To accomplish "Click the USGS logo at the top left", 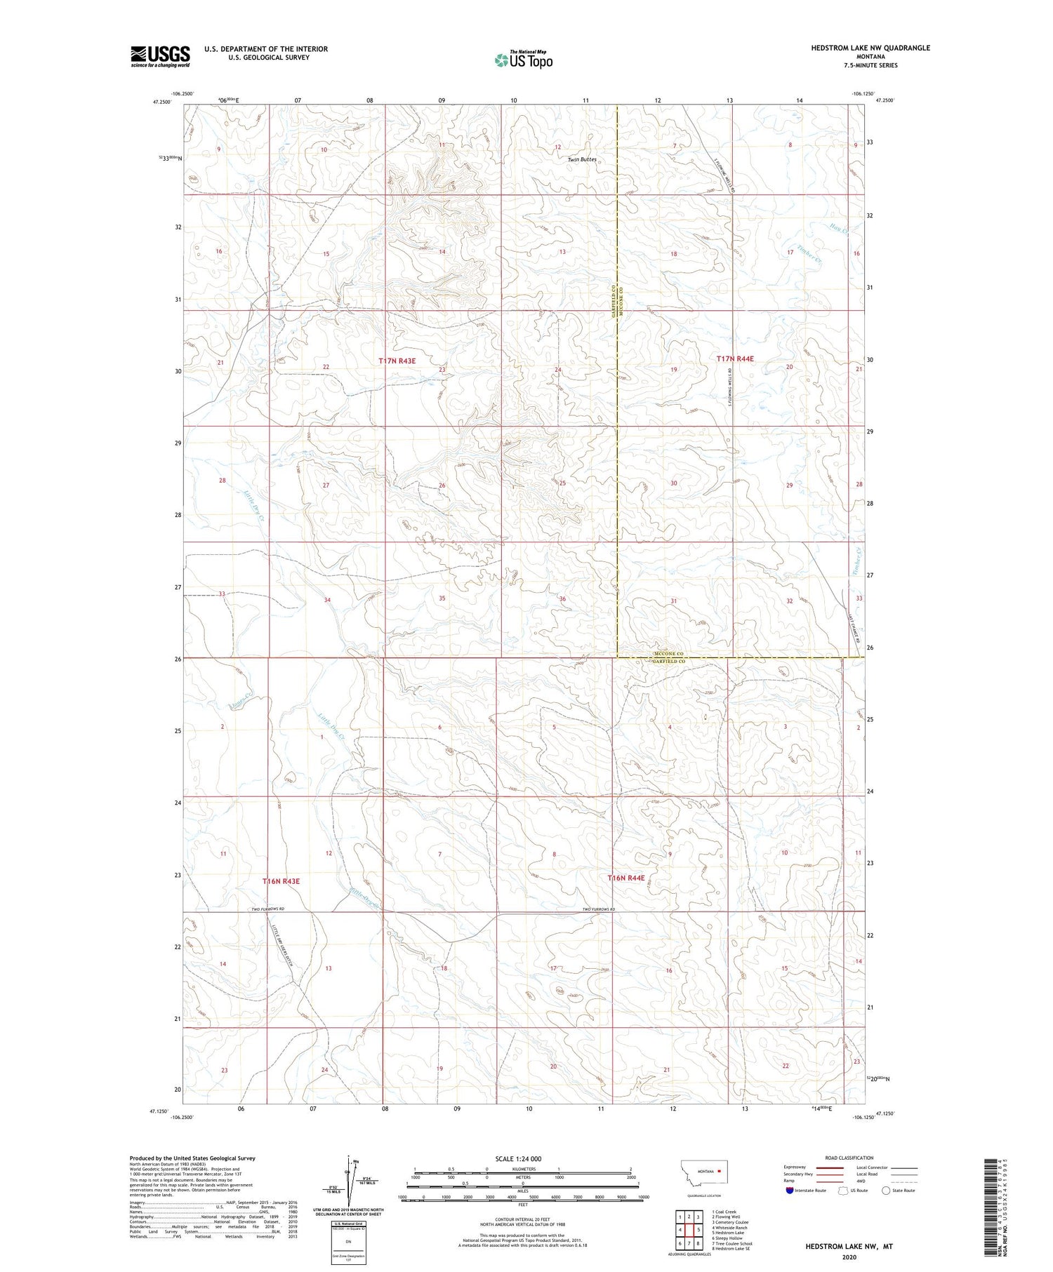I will pyautogui.click(x=160, y=56).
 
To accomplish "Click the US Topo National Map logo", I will pyautogui.click(x=523, y=60).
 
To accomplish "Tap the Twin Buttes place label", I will pyautogui.click(x=582, y=159).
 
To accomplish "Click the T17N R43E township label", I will pyautogui.click(x=397, y=361).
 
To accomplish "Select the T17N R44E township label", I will pyautogui.click(x=735, y=359).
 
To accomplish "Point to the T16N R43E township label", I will pyautogui.click(x=281, y=881).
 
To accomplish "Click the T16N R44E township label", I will pyautogui.click(x=626, y=878).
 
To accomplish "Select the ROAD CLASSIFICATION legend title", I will pyautogui.click(x=849, y=1158).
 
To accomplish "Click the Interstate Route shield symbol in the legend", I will pyautogui.click(x=789, y=1190).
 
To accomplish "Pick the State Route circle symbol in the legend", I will pyautogui.click(x=886, y=1190).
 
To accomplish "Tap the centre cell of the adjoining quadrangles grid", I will pyautogui.click(x=689, y=1229).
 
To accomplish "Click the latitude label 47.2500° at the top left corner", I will pyautogui.click(x=161, y=101).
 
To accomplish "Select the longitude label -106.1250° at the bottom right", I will pyautogui.click(x=863, y=1117).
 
